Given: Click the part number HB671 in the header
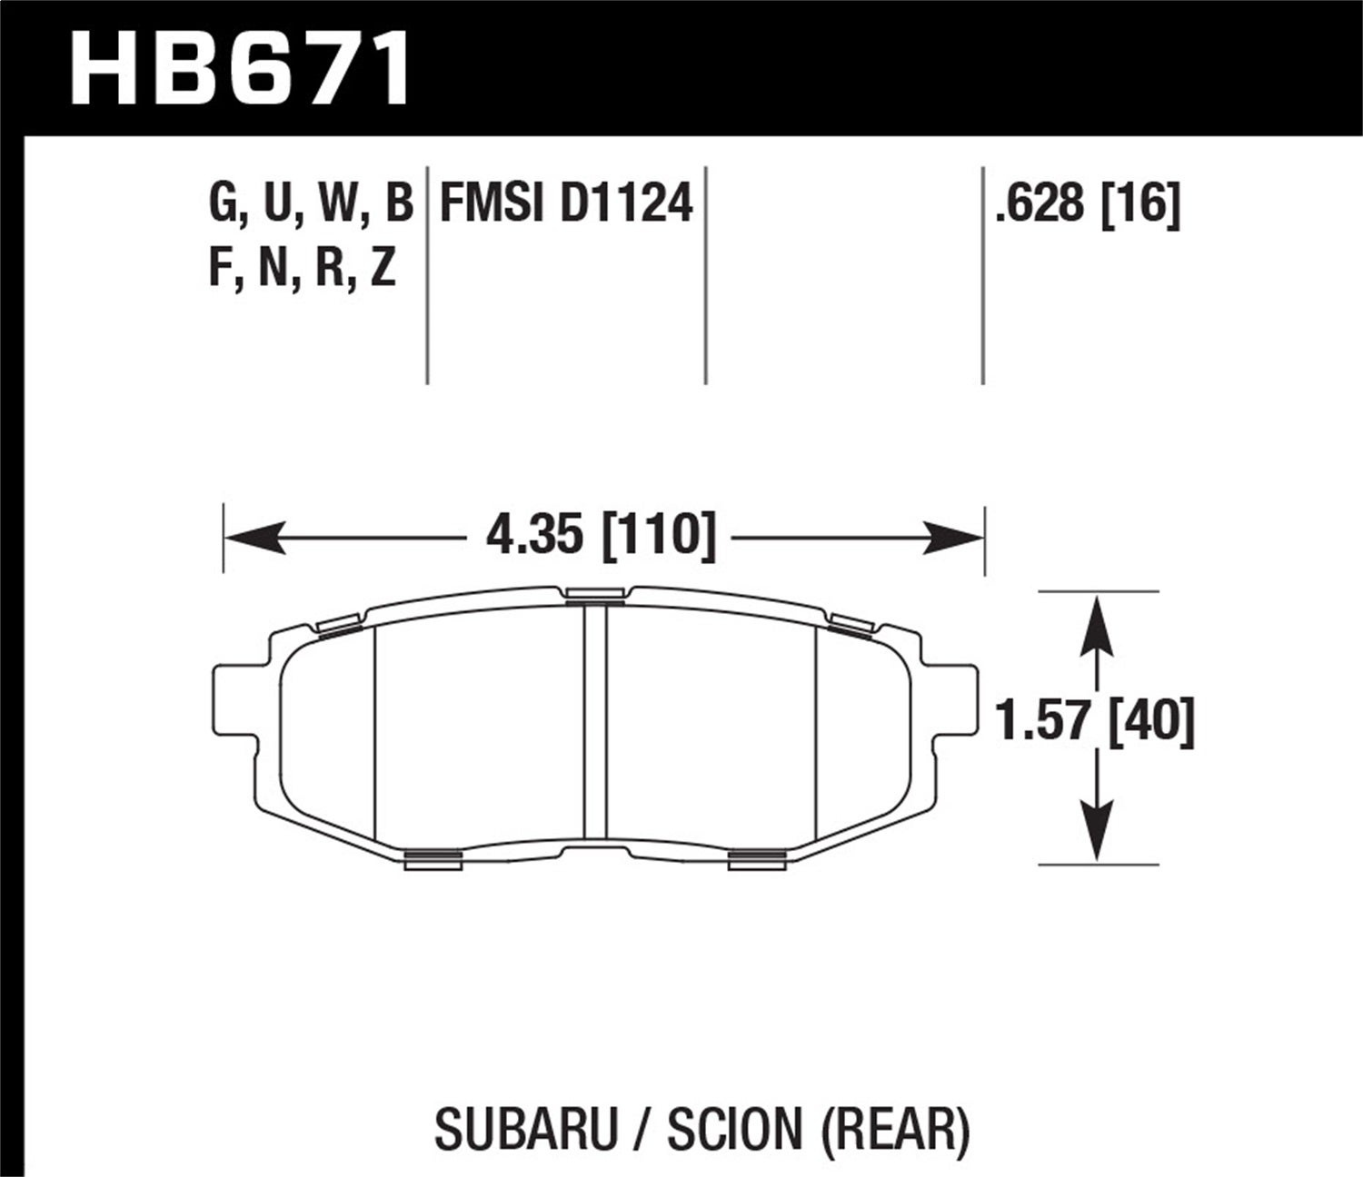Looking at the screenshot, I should [241, 68].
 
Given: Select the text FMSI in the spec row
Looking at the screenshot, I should [492, 203].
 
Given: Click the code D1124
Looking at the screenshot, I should [626, 203].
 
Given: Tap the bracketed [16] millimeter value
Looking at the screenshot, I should [1140, 203].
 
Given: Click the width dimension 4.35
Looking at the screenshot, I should [533, 535].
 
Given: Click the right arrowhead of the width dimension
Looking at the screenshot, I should [954, 538].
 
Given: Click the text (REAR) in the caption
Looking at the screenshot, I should [895, 1128].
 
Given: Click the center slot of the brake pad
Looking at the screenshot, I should [594, 722].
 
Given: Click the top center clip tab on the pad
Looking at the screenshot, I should [594, 595].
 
